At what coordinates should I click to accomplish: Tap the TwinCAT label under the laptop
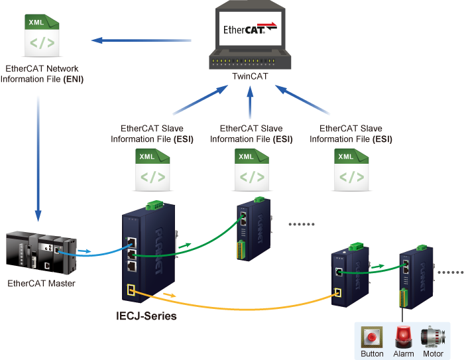(250, 76)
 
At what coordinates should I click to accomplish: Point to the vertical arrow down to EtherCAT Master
(38, 159)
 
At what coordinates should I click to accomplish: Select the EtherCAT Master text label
(41, 284)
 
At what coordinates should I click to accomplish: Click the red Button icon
(372, 337)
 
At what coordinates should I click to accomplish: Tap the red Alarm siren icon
(403, 337)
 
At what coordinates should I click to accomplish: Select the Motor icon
(434, 337)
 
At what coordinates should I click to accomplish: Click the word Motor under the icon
(433, 353)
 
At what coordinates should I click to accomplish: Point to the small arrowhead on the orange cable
(171, 294)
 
